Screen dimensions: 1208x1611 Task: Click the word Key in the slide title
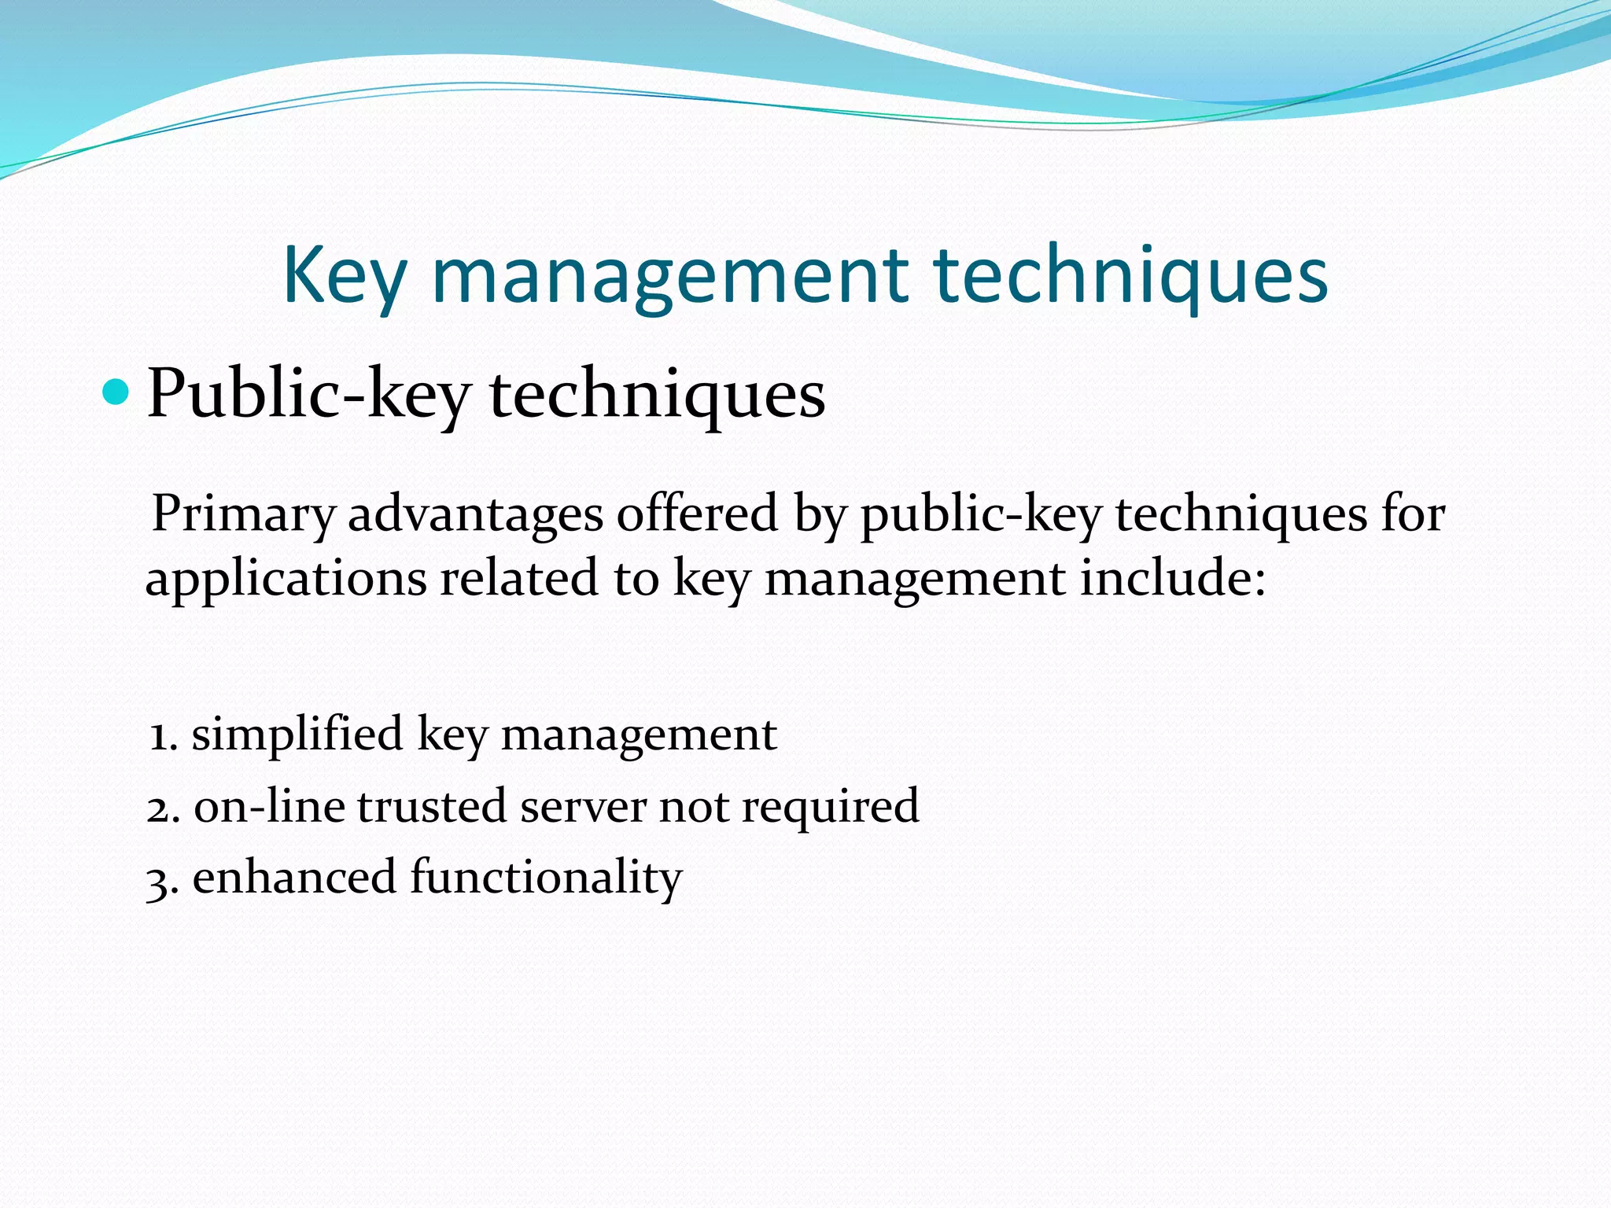345,276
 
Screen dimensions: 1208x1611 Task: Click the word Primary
243,515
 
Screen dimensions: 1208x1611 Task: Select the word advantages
475,515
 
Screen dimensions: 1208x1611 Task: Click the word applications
286,580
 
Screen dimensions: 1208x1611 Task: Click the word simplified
297,736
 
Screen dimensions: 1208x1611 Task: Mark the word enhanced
294,878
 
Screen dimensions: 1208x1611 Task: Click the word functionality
546,878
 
